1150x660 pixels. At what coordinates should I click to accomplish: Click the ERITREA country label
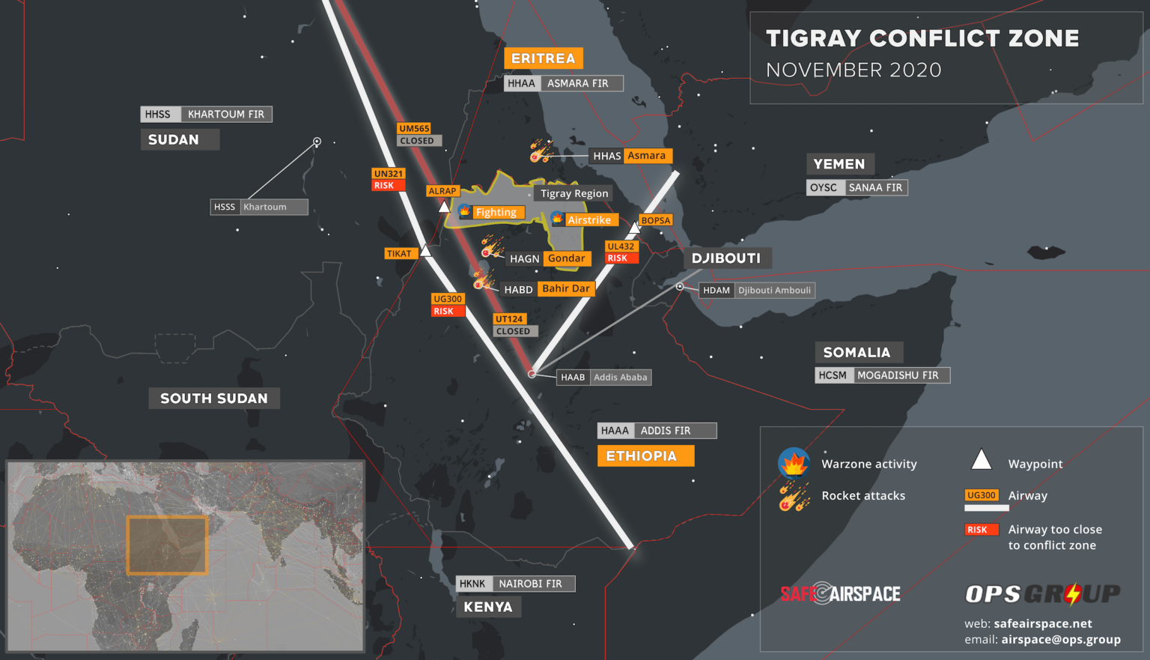click(x=543, y=58)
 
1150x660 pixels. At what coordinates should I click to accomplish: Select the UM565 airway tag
click(x=414, y=129)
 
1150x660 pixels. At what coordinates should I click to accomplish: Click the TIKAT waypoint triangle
click(x=425, y=251)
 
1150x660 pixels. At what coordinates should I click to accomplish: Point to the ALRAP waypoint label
click(x=442, y=191)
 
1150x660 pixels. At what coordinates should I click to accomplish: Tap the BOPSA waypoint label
click(x=656, y=220)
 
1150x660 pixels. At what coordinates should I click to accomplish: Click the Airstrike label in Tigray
click(x=589, y=220)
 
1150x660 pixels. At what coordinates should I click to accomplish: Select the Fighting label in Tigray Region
click(x=496, y=212)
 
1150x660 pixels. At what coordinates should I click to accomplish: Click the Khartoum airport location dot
click(x=317, y=142)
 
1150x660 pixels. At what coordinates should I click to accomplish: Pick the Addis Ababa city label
click(x=620, y=377)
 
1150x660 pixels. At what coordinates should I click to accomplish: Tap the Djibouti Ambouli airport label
click(x=774, y=290)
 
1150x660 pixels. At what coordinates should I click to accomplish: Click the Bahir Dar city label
click(x=565, y=288)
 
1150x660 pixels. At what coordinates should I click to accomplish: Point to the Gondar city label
click(x=566, y=258)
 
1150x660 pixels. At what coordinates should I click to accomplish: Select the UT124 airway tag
click(x=509, y=319)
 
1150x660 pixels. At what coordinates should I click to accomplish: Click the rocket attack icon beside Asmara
click(x=540, y=151)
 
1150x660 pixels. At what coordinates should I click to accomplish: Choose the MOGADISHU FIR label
click(x=898, y=375)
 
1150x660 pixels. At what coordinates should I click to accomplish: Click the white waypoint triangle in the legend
click(x=981, y=460)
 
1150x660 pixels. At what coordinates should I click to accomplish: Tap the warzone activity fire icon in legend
click(x=794, y=463)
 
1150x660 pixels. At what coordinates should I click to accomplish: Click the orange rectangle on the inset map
click(x=167, y=545)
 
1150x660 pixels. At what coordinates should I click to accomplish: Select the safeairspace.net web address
click(x=1043, y=623)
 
